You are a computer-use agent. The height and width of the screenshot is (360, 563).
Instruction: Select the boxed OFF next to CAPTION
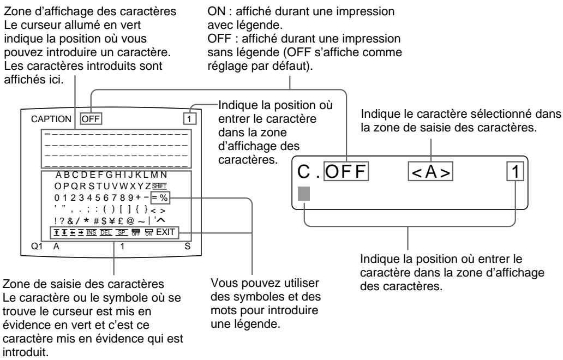tap(91, 118)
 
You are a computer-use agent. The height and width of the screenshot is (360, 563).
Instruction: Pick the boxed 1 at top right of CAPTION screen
tap(188, 118)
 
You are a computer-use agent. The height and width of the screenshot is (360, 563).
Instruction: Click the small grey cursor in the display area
tap(48, 134)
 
